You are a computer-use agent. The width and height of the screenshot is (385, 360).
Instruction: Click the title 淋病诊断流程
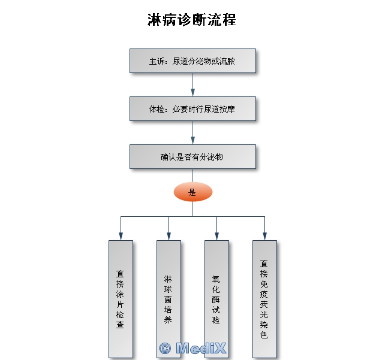(x=192, y=20)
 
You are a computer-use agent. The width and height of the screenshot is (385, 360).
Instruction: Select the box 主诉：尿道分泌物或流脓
(x=192, y=61)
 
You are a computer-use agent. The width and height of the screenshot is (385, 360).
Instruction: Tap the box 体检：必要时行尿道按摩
(x=192, y=108)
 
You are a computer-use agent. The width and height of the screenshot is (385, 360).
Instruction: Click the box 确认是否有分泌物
(x=192, y=157)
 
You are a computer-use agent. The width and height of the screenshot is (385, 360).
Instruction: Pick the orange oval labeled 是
(x=193, y=192)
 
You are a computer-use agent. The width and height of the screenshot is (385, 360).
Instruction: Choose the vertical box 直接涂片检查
(x=121, y=299)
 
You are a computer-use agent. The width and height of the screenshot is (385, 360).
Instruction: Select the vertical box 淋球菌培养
(x=169, y=299)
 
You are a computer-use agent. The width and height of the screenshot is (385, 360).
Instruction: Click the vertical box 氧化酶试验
(x=217, y=299)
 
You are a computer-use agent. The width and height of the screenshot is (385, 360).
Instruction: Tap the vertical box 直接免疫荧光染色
(x=264, y=299)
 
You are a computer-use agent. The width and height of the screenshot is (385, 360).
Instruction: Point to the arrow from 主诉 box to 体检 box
(x=192, y=84)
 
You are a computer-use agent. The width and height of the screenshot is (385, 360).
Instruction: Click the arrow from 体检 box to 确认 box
(x=192, y=132)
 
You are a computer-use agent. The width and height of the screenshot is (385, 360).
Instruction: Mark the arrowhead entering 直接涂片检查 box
(x=121, y=237)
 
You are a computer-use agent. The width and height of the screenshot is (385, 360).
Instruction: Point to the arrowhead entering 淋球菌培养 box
(x=169, y=237)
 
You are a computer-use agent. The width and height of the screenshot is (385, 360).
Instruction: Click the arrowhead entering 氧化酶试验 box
(x=217, y=237)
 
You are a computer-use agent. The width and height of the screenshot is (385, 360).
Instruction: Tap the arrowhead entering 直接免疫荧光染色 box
(x=264, y=237)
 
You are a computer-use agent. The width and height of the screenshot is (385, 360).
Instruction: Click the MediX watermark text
(x=201, y=348)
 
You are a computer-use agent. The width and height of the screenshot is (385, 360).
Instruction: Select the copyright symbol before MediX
(x=165, y=348)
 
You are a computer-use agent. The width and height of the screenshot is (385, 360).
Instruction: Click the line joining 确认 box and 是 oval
(x=192, y=176)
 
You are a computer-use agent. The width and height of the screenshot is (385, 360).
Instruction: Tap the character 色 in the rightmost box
(x=264, y=334)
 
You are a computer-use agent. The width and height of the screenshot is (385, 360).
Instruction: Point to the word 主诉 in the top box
(x=156, y=61)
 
